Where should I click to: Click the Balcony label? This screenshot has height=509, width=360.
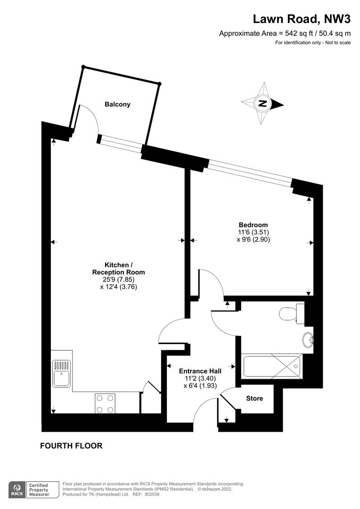[117, 104]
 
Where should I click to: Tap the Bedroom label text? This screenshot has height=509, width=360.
[253, 225]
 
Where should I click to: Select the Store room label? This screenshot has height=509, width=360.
[254, 398]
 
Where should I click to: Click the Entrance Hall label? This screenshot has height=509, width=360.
[200, 371]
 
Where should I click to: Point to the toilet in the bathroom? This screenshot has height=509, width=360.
[291, 313]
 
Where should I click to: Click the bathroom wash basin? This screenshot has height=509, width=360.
[308, 340]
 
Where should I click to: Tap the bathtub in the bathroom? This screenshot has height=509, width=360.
[272, 367]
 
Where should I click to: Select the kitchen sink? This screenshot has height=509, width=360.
[62, 373]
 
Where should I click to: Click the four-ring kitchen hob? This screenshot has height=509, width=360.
[105, 403]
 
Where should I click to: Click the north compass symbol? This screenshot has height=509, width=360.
[262, 104]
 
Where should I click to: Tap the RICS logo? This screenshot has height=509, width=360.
[17, 490]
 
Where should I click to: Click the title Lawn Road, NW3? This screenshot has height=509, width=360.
[302, 19]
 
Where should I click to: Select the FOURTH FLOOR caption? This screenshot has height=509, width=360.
[71, 446]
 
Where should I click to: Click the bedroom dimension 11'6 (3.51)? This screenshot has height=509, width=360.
[253, 232]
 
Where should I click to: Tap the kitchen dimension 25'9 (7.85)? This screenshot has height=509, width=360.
[118, 279]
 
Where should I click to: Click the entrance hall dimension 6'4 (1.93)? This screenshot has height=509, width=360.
[200, 386]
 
